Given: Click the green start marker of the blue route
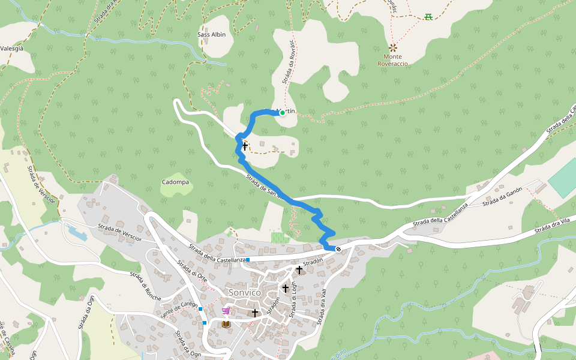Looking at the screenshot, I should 282,112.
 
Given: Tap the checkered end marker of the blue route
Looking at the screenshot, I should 338,249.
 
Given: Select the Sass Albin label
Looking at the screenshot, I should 212,34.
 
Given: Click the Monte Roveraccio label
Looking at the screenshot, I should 393,59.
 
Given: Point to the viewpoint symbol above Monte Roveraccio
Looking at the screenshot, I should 393,47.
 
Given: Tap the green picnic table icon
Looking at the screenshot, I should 428,16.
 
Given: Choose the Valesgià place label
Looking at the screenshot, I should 11,49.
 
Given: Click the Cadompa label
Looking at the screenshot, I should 175,182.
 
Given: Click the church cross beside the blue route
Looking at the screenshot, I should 245,146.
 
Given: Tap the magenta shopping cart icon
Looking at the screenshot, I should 226,311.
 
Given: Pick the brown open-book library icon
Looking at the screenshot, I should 226,325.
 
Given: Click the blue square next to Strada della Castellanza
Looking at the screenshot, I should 247,260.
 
